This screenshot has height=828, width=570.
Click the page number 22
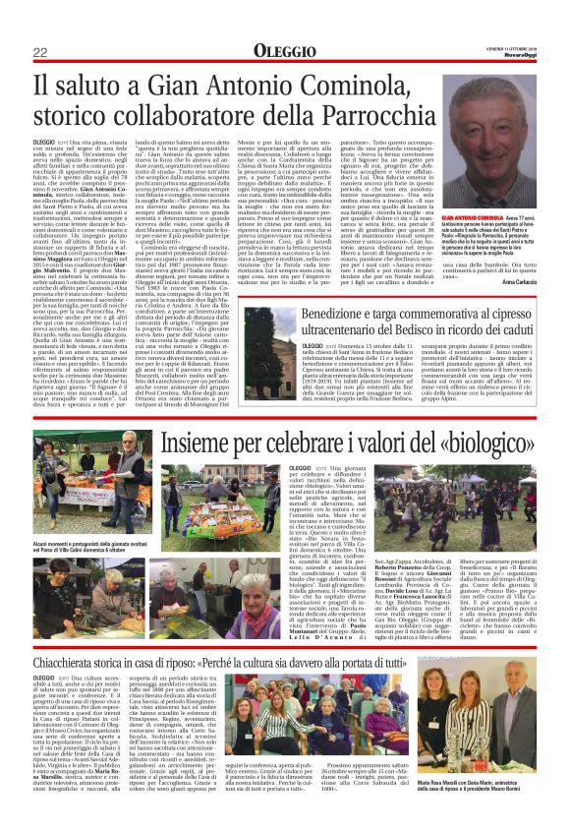[x=40, y=51]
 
